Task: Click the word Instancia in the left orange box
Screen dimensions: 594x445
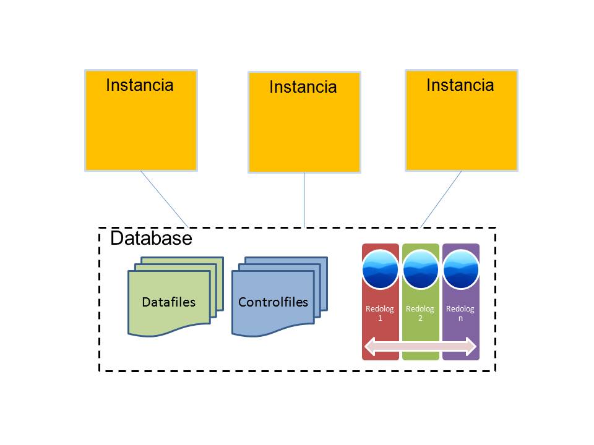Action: click(x=140, y=85)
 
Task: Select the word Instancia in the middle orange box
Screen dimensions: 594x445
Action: click(x=303, y=87)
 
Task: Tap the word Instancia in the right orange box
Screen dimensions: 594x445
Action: click(x=460, y=85)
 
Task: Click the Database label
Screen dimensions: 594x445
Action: click(x=151, y=238)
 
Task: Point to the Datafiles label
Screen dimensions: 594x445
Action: click(x=168, y=302)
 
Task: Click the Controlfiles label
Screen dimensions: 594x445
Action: click(x=273, y=302)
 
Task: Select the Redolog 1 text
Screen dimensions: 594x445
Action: click(x=380, y=313)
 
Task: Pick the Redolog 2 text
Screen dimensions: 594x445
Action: click(x=420, y=313)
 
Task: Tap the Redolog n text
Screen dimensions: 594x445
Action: click(x=460, y=313)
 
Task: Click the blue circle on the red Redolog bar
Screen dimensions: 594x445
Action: click(x=381, y=269)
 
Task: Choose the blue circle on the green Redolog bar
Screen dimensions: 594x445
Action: click(x=421, y=269)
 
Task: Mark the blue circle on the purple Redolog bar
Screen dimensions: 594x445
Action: click(x=460, y=269)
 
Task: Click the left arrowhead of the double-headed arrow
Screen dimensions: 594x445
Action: click(x=370, y=346)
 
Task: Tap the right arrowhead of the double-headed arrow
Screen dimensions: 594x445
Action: click(x=471, y=346)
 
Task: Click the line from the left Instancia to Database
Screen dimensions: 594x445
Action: click(x=165, y=200)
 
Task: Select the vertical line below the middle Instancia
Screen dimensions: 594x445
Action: click(x=304, y=200)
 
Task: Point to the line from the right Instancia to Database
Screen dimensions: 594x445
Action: click(x=441, y=200)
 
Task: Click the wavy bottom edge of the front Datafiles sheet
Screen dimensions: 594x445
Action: click(x=169, y=331)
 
